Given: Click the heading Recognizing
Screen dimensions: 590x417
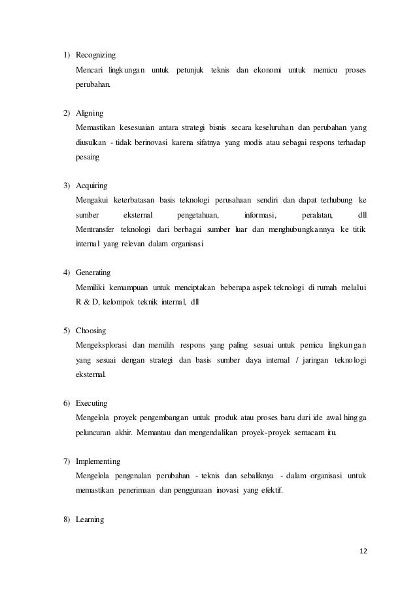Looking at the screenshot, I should (x=96, y=54).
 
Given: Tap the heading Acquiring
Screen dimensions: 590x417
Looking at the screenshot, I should (x=93, y=185).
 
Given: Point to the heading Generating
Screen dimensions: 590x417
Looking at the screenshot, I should (x=93, y=272).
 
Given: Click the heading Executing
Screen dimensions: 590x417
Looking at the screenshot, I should (x=92, y=403).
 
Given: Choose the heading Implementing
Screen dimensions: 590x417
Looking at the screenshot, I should (x=99, y=461).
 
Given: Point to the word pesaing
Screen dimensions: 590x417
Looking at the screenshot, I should (x=89, y=157).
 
